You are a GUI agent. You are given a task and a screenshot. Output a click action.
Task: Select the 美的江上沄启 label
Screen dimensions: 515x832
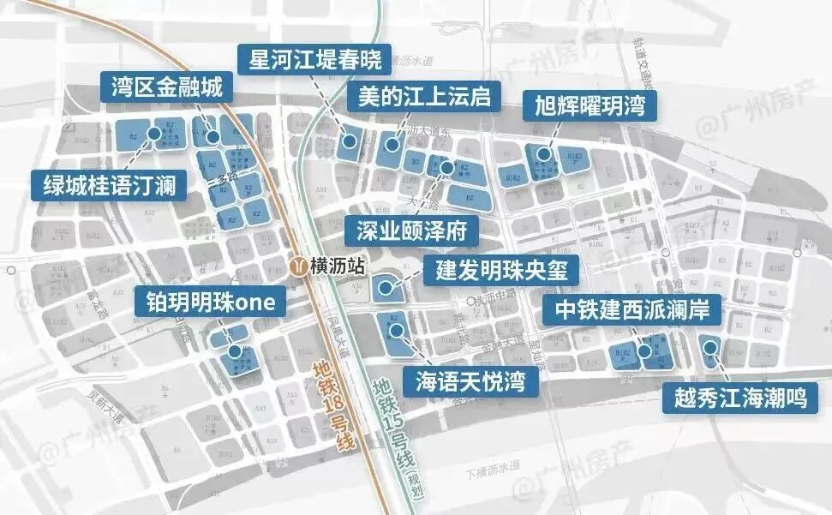(x=424, y=97)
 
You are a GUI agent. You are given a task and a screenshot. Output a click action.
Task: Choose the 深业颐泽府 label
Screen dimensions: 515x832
(x=410, y=232)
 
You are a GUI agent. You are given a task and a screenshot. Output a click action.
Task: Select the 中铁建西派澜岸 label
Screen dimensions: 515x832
(x=631, y=309)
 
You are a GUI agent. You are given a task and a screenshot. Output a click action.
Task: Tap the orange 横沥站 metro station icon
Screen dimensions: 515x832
(x=296, y=266)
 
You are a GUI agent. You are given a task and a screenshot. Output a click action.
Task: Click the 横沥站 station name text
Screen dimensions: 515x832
(x=335, y=266)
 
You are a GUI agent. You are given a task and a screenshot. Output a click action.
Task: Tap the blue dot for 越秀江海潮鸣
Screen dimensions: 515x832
(x=709, y=346)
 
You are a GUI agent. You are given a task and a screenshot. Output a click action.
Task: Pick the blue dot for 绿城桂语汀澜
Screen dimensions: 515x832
(x=154, y=133)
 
